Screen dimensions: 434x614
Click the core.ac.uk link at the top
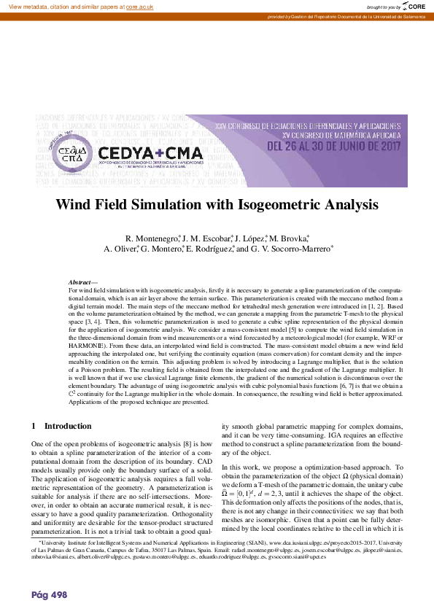(x=139, y=6)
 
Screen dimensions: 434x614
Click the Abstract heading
(x=80, y=282)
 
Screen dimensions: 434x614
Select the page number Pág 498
(x=50, y=594)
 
